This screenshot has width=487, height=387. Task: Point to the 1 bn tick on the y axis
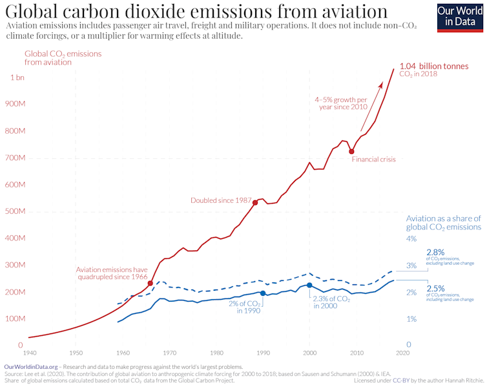point(16,78)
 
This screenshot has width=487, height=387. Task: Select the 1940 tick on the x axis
point(28,353)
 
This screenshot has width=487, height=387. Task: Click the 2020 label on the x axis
point(403,353)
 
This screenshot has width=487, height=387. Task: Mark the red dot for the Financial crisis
point(351,151)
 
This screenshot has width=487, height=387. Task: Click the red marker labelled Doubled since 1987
point(255,202)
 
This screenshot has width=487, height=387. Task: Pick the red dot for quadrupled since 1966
point(150,283)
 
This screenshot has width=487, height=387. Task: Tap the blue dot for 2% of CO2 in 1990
point(262,293)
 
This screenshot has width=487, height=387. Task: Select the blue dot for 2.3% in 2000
point(309,285)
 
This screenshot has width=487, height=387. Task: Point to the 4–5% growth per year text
point(342,104)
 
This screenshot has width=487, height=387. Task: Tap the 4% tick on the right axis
point(411,239)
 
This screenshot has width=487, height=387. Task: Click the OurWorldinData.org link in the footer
point(30,366)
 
